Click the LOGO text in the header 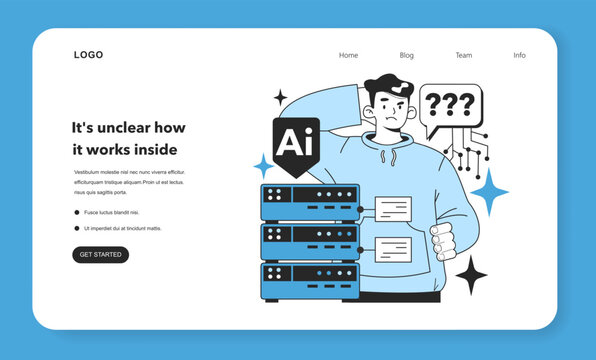pyautogui.click(x=88, y=55)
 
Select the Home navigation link pyautogui.click(x=348, y=55)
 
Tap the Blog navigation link pyautogui.click(x=406, y=55)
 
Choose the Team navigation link pyautogui.click(x=463, y=55)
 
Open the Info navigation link pyautogui.click(x=519, y=55)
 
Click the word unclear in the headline pyautogui.click(x=124, y=127)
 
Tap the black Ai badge pyautogui.click(x=296, y=144)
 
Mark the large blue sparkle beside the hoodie pyautogui.click(x=489, y=191)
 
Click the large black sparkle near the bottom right pyautogui.click(x=471, y=274)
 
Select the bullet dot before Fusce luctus pyautogui.click(x=77, y=212)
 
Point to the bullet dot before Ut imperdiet pyautogui.click(x=77, y=228)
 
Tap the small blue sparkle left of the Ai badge pyautogui.click(x=264, y=165)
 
